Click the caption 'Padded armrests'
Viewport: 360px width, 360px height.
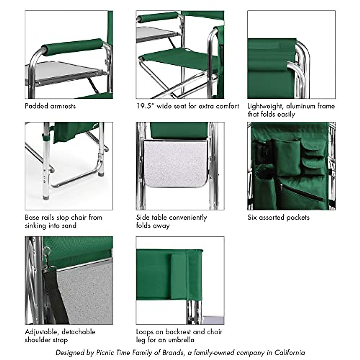(x=50, y=106)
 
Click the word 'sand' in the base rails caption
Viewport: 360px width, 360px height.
(x=69, y=225)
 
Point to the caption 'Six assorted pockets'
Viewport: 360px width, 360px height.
(x=278, y=217)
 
